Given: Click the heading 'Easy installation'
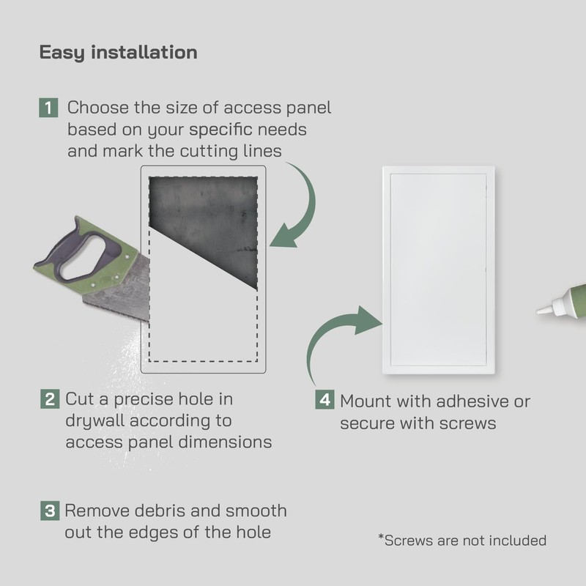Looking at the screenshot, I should tap(118, 53).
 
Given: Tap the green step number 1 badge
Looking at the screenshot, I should tap(48, 108).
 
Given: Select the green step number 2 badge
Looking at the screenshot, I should tap(48, 400).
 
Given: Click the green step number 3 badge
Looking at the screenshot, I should tap(48, 511).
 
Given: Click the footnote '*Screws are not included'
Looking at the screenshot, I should tap(462, 541).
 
